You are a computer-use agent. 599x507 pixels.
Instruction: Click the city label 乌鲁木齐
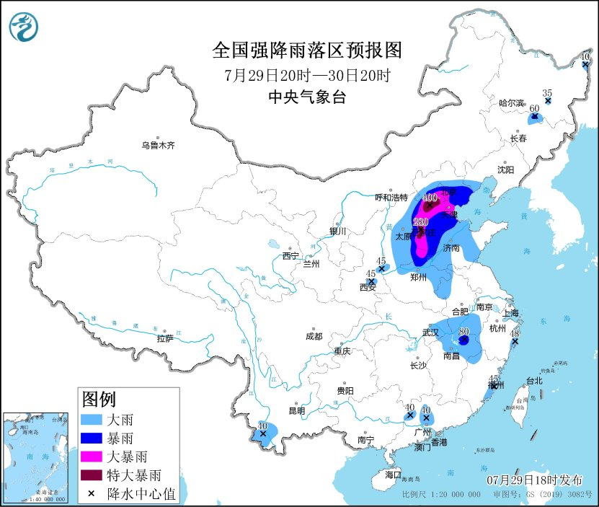coord(158,145)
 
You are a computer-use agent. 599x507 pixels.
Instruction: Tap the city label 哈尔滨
coord(513,103)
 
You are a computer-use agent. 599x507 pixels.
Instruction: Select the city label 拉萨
coord(164,338)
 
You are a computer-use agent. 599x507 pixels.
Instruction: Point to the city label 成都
coord(314,336)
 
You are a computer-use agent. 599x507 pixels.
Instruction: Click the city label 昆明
coord(297,411)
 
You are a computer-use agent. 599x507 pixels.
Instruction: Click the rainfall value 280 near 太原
coord(421,222)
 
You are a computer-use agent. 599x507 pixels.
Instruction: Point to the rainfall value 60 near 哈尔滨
coord(534,108)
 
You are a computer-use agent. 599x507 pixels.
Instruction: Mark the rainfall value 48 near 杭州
coord(515,333)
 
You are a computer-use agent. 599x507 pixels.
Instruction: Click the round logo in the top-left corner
coord(24,25)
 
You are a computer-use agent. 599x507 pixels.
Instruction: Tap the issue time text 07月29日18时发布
coord(534,480)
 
